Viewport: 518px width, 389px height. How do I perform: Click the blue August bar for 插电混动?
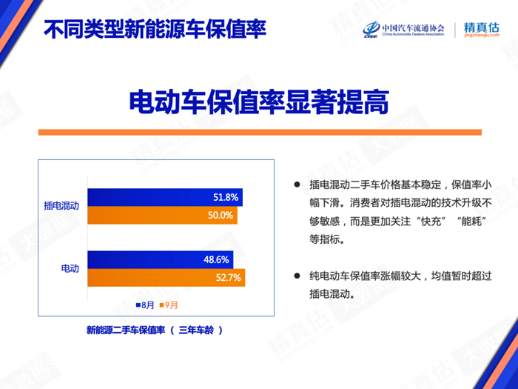tap(165, 198)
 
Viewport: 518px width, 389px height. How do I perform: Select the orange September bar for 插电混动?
tap(162, 216)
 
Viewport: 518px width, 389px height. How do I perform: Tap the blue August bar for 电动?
tap(161, 259)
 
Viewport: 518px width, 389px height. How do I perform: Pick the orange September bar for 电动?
tap(166, 278)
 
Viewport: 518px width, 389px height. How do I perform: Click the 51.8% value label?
tap(226, 198)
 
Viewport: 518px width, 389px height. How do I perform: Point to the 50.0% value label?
tap(221, 216)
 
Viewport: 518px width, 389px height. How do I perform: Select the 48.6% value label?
tap(216, 259)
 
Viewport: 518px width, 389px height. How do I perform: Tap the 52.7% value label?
tap(228, 278)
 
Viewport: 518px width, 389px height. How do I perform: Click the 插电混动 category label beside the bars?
tap(61, 206)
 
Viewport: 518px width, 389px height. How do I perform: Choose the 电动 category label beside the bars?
tap(70, 268)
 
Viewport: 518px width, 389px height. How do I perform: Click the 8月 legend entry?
tap(145, 305)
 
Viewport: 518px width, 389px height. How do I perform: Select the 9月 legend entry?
tap(169, 305)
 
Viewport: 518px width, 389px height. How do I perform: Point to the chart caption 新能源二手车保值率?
tap(126, 330)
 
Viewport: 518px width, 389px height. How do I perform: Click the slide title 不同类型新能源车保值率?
tap(155, 29)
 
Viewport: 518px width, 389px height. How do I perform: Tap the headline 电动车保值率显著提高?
tap(259, 102)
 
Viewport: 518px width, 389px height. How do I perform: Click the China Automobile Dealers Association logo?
tap(404, 30)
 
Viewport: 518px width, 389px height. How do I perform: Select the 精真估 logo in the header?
tap(481, 30)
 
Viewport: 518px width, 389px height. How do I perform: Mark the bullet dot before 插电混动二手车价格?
tap(297, 184)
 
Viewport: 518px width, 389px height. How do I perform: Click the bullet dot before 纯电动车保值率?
tap(297, 276)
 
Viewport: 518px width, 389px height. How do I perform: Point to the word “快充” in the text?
tap(431, 221)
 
